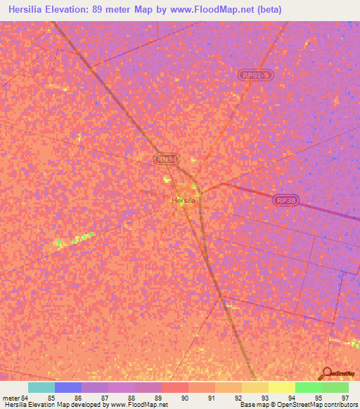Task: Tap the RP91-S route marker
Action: click(x=254, y=74)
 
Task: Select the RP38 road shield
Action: click(x=285, y=200)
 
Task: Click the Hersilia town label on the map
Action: click(x=184, y=201)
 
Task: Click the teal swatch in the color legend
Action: click(x=41, y=387)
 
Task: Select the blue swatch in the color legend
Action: click(x=68, y=387)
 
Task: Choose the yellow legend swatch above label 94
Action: click(x=282, y=387)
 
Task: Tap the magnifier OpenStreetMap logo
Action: click(x=325, y=373)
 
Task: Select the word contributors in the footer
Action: click(x=341, y=405)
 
